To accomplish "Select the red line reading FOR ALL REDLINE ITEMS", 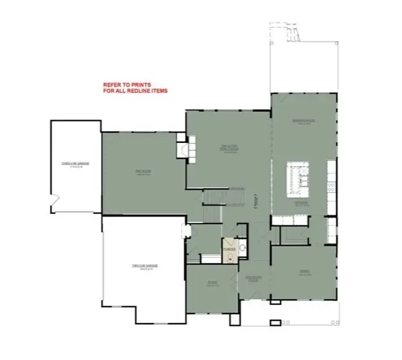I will (x=135, y=91).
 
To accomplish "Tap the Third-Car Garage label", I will (x=75, y=164).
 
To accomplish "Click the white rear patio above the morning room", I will (x=302, y=65).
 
